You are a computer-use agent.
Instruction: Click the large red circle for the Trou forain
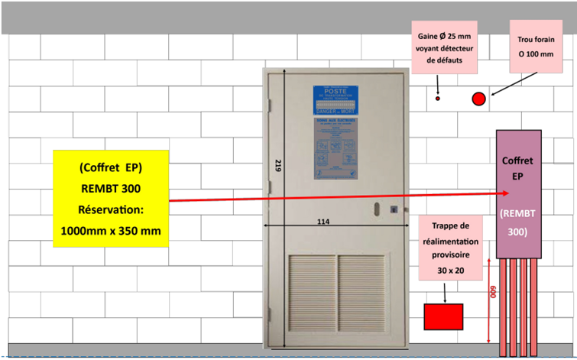[x=479, y=99]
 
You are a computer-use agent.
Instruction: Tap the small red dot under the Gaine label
[x=438, y=99]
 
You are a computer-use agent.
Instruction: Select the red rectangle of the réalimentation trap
[x=443, y=315]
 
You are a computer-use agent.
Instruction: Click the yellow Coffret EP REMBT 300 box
[x=112, y=199]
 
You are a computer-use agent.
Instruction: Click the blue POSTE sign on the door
[x=336, y=100]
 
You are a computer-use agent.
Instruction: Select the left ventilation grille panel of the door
[x=312, y=295]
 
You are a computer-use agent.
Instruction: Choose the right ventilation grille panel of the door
[x=361, y=295]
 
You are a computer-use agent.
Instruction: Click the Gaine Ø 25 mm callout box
[x=444, y=47]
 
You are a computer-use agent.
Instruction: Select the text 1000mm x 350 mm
[x=112, y=230]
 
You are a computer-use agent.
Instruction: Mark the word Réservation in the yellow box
[x=112, y=209]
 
